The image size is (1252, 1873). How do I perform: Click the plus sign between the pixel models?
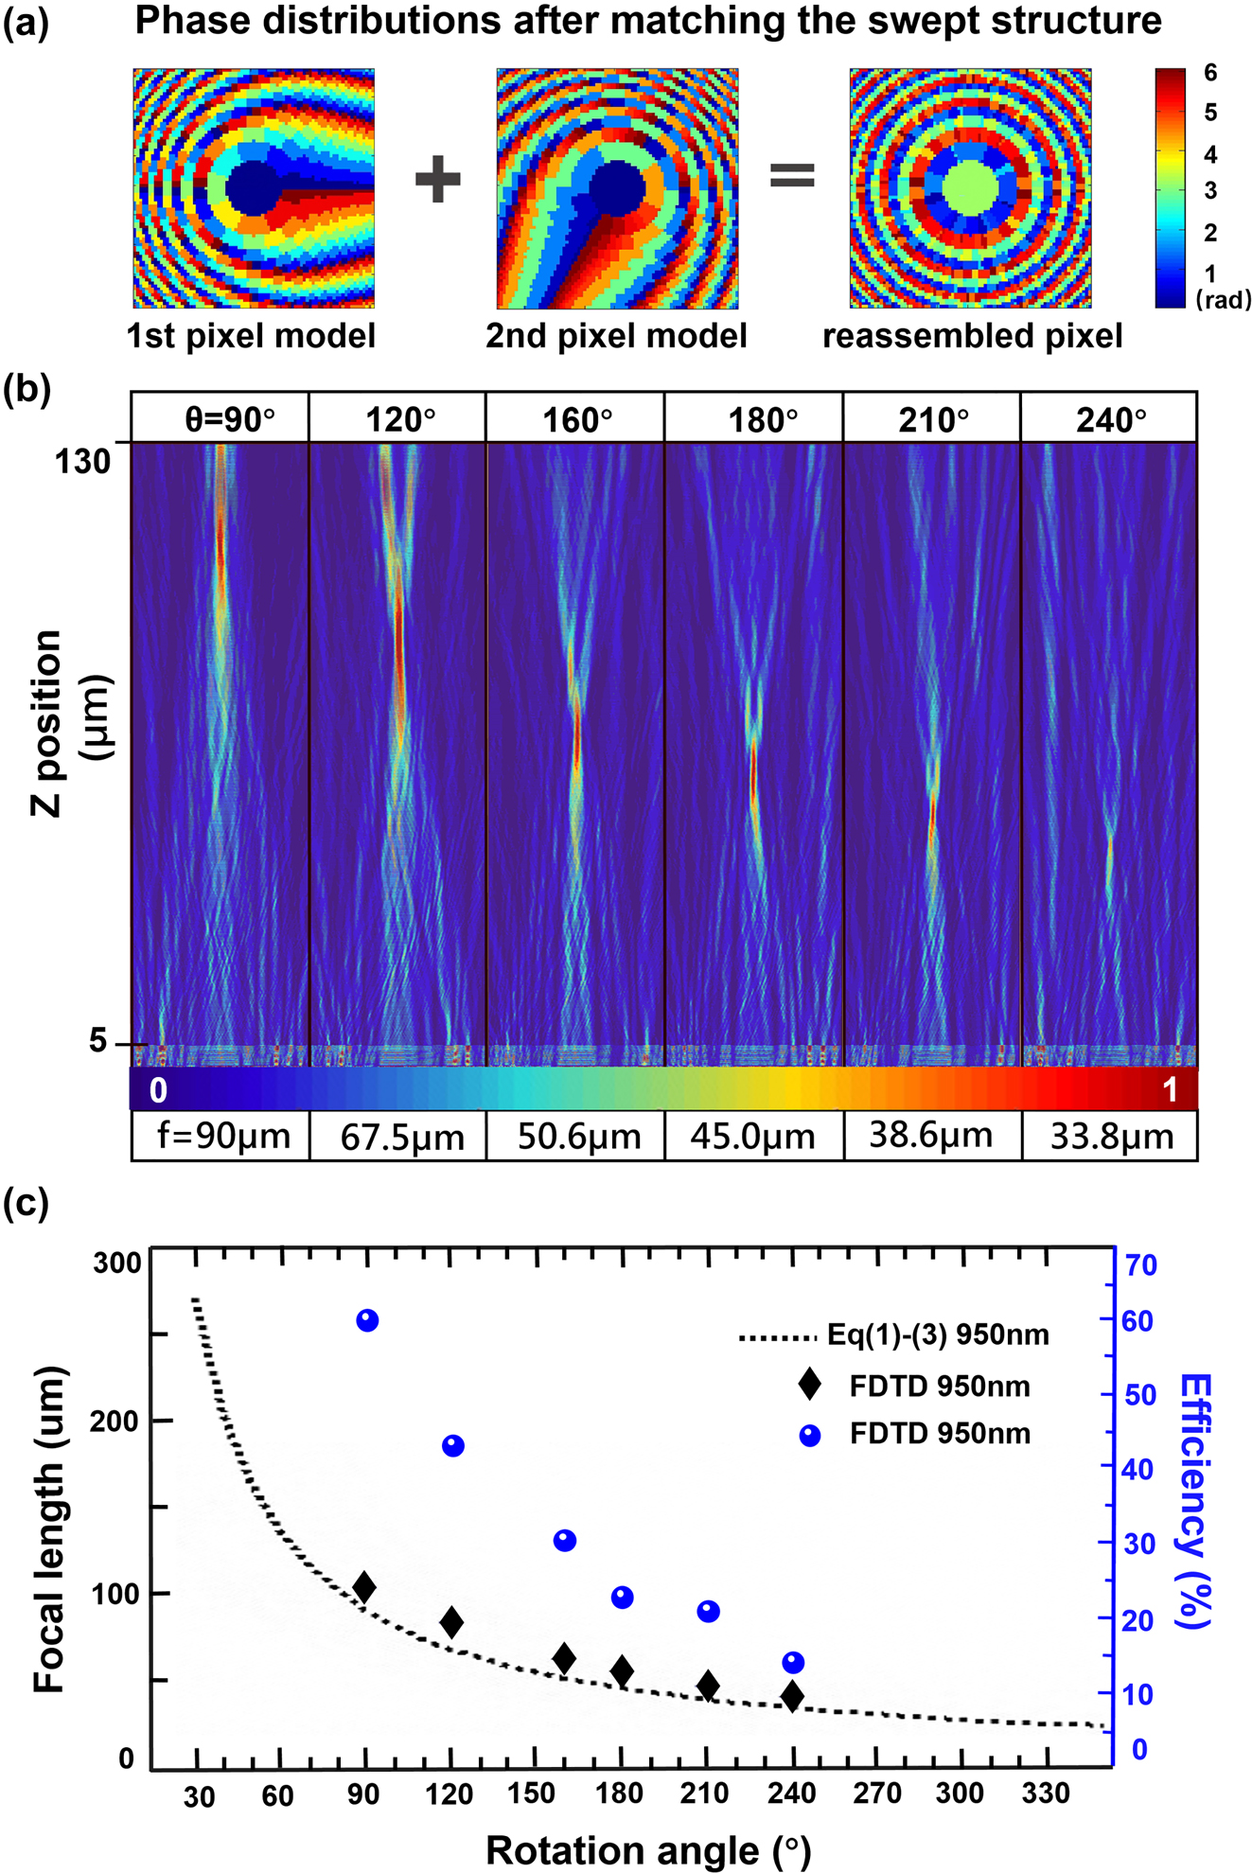437,179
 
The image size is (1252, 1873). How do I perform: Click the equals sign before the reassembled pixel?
792,175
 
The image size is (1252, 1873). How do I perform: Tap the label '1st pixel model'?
252,336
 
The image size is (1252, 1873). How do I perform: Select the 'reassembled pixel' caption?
972,336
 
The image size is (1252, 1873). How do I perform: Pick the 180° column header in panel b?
762,418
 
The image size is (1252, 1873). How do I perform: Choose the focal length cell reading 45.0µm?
752,1137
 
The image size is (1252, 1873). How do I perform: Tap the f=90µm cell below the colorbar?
223,1136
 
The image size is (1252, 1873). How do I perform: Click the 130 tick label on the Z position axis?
82,462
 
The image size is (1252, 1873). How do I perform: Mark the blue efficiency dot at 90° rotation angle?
367,1320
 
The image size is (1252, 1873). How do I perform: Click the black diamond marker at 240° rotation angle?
793,1723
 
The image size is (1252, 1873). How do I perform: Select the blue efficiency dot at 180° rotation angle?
622,1598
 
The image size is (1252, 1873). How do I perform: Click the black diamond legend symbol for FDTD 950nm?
809,1385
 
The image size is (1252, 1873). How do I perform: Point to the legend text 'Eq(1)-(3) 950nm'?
938,1335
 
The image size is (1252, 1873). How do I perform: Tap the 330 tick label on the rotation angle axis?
1045,1793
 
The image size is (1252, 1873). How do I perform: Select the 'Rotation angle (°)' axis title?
648,1849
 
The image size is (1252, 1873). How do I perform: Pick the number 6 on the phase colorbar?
1210,73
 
